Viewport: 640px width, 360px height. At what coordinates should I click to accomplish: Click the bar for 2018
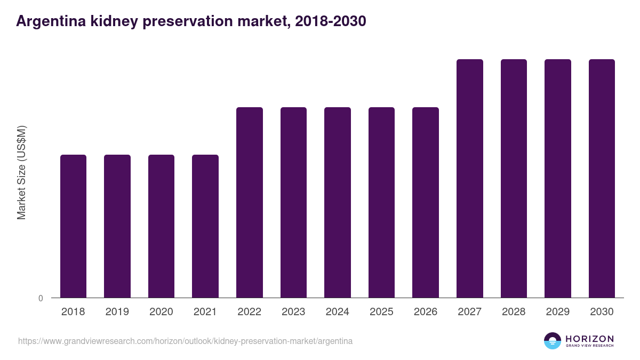pos(73,226)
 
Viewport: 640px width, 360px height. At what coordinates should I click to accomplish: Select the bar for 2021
pos(205,226)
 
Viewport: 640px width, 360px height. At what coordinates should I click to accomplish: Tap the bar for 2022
pos(250,203)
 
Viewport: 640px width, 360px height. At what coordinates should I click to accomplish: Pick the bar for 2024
pos(338,203)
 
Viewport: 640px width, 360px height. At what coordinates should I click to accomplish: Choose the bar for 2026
pos(426,203)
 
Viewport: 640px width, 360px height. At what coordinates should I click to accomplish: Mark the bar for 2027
pos(470,179)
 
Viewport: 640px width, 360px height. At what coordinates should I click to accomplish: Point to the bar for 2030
pos(602,179)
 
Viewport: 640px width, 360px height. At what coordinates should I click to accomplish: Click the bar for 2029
pos(558,179)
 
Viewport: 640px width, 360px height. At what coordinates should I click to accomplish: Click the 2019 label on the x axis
pos(117,312)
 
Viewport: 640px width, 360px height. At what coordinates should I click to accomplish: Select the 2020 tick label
pos(161,312)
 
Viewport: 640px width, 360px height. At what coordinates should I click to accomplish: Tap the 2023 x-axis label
pos(293,312)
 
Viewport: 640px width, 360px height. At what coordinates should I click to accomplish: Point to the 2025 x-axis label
pos(381,312)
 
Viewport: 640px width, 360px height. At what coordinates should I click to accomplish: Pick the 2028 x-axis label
pos(514,312)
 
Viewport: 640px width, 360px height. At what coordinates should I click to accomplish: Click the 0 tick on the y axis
pos(41,298)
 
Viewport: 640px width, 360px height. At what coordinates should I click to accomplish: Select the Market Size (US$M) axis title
pos(21,172)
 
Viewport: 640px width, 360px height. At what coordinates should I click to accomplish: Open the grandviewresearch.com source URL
pos(185,341)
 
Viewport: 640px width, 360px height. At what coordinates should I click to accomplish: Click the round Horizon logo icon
pos(553,341)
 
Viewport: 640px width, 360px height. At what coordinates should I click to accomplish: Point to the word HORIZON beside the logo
pos(589,339)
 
